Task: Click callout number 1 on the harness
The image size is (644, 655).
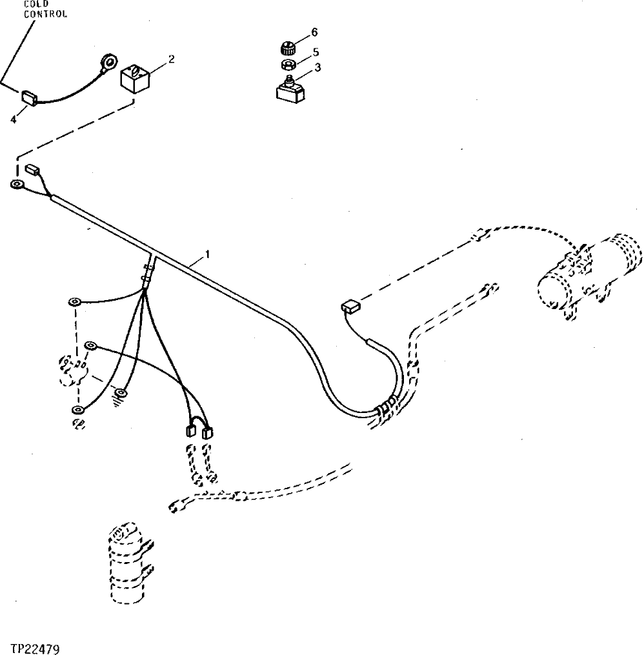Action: (207, 255)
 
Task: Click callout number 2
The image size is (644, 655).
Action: (171, 59)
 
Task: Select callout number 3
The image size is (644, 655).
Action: (317, 66)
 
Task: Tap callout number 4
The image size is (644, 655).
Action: (13, 119)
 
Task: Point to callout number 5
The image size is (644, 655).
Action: (316, 51)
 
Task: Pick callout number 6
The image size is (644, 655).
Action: (314, 32)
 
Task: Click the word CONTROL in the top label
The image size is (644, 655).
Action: (46, 14)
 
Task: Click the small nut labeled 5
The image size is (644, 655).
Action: (288, 64)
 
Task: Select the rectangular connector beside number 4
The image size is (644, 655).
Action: (30, 97)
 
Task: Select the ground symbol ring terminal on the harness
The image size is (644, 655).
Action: (119, 392)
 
